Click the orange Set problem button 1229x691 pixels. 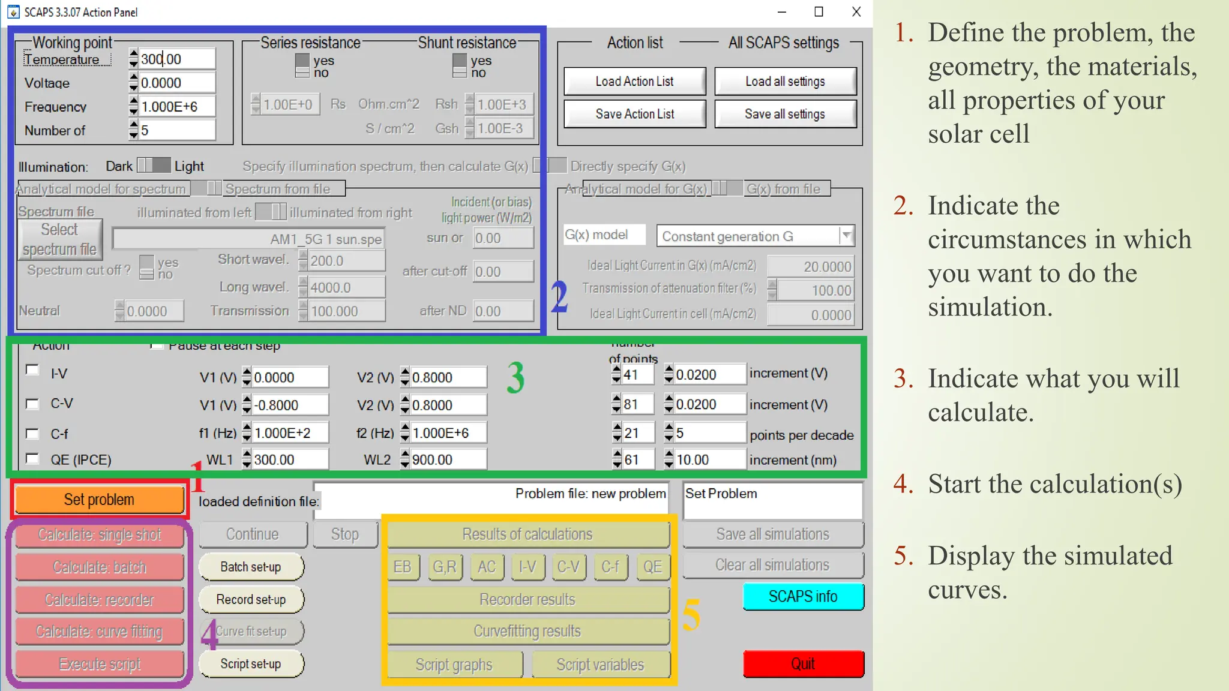(99, 500)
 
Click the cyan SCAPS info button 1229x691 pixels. (803, 596)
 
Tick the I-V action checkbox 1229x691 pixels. (32, 370)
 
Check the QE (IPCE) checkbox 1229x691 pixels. (32, 459)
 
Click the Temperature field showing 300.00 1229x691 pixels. (176, 59)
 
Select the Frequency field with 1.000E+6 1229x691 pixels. (176, 107)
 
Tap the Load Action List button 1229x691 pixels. (634, 82)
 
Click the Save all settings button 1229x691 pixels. (785, 114)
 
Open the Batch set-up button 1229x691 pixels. (251, 567)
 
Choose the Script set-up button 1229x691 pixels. (251, 664)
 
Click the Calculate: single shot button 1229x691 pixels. (99, 534)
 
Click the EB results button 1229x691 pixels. (402, 567)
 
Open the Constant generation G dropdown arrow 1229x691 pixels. (846, 236)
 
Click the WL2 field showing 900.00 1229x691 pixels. (447, 460)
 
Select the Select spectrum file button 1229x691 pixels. (59, 239)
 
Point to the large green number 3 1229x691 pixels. (515, 378)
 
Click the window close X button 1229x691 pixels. (856, 12)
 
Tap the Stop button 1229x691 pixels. (344, 534)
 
